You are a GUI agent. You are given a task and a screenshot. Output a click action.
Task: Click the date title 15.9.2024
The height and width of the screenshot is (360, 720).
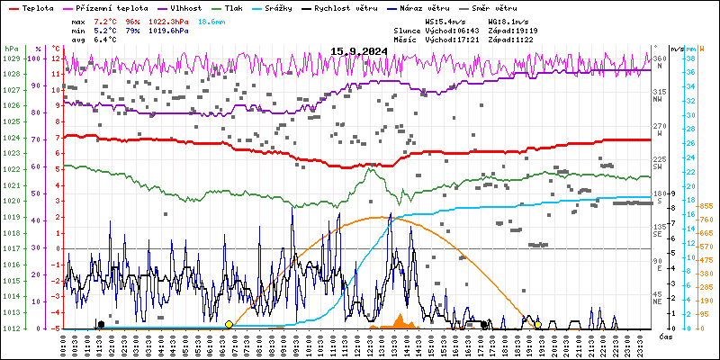[361, 50]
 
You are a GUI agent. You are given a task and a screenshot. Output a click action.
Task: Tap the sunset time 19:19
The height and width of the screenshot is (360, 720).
[550, 29]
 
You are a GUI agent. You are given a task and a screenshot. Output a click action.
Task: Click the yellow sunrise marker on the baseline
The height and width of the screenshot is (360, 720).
[229, 325]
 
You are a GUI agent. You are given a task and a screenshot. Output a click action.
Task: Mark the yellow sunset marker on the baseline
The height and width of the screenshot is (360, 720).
[537, 325]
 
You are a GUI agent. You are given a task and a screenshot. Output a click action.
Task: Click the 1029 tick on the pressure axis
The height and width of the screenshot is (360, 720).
[11, 58]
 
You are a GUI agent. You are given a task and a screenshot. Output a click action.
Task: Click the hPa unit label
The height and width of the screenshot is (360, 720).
[11, 48]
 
